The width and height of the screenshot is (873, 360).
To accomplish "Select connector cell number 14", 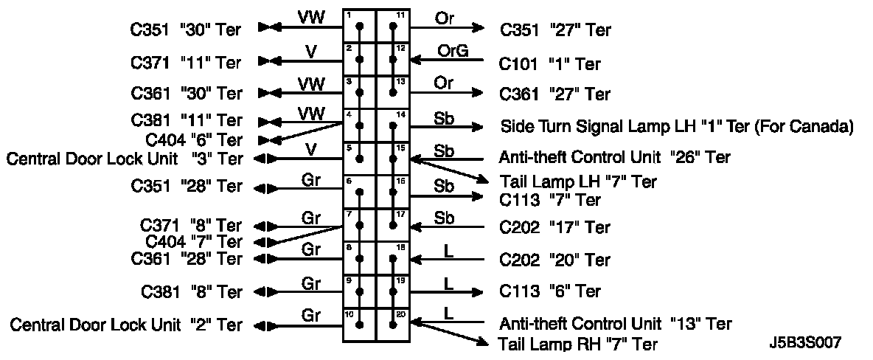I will pyautogui.click(x=393, y=125).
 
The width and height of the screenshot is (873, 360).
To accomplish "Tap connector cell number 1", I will pyautogui.click(x=360, y=27).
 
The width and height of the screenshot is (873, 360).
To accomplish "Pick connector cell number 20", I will pyautogui.click(x=393, y=325).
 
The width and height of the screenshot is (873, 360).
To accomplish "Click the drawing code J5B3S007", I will pyautogui.click(x=804, y=342).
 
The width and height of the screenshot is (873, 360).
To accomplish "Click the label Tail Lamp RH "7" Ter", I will pyautogui.click(x=578, y=344).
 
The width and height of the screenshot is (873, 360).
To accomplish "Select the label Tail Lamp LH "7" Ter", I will pyautogui.click(x=578, y=181).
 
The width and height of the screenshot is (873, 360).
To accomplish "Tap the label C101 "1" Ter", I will pyautogui.click(x=549, y=64).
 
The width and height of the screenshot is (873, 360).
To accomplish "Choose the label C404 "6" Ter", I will pyautogui.click(x=194, y=139).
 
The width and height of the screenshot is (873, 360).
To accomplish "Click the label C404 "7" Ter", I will pyautogui.click(x=194, y=241).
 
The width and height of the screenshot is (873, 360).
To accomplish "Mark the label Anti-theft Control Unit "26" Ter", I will pyautogui.click(x=615, y=157).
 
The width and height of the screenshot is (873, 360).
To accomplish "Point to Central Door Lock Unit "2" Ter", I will pyautogui.click(x=125, y=325).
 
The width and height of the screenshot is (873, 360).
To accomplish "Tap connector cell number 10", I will pyautogui.click(x=360, y=325).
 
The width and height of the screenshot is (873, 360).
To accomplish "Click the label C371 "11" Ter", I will pyautogui.click(x=187, y=63).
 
